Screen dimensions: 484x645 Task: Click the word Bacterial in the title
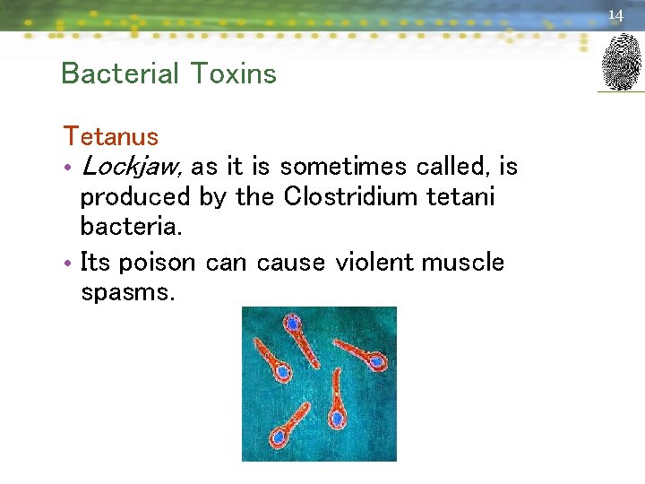[x=109, y=73]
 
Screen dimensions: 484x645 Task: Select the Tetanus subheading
[x=110, y=137]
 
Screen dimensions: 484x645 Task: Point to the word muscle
[x=463, y=263]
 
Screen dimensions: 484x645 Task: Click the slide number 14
[x=615, y=15]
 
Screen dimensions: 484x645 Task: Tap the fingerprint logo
[x=621, y=62]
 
